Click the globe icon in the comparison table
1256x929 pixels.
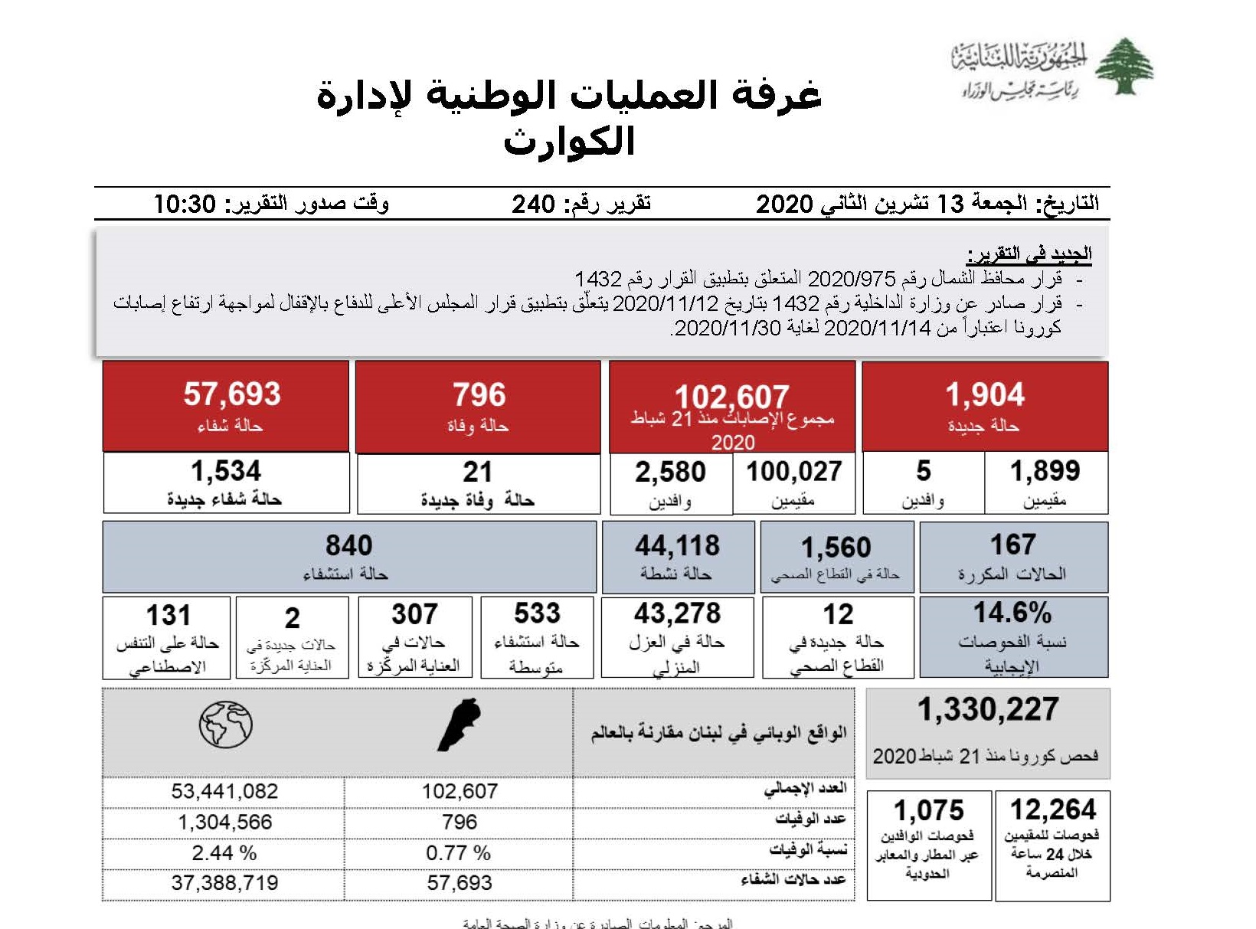pyautogui.click(x=225, y=724)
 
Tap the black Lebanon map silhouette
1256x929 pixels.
pyautogui.click(x=459, y=724)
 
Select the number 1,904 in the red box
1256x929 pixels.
pyautogui.click(x=984, y=394)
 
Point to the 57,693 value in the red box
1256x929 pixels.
pyautogui.click(x=231, y=394)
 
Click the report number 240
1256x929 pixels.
pyautogui.click(x=533, y=204)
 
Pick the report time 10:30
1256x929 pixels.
pyautogui.click(x=185, y=204)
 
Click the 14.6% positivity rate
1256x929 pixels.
pyautogui.click(x=1012, y=613)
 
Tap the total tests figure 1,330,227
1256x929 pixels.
pyautogui.click(x=988, y=709)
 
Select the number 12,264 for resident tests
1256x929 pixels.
pyautogui.click(x=1053, y=810)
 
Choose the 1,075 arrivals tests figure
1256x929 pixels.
pyautogui.click(x=928, y=810)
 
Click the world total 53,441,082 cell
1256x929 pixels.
pyautogui.click(x=224, y=791)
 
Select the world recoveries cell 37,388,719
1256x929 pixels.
pyautogui.click(x=224, y=882)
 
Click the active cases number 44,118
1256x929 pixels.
pyautogui.click(x=677, y=545)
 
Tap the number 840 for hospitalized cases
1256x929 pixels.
pyautogui.click(x=348, y=545)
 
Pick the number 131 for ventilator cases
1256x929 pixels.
pyautogui.click(x=168, y=615)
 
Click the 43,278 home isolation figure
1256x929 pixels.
pyautogui.click(x=677, y=613)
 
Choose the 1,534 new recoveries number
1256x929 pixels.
pyautogui.click(x=225, y=470)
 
